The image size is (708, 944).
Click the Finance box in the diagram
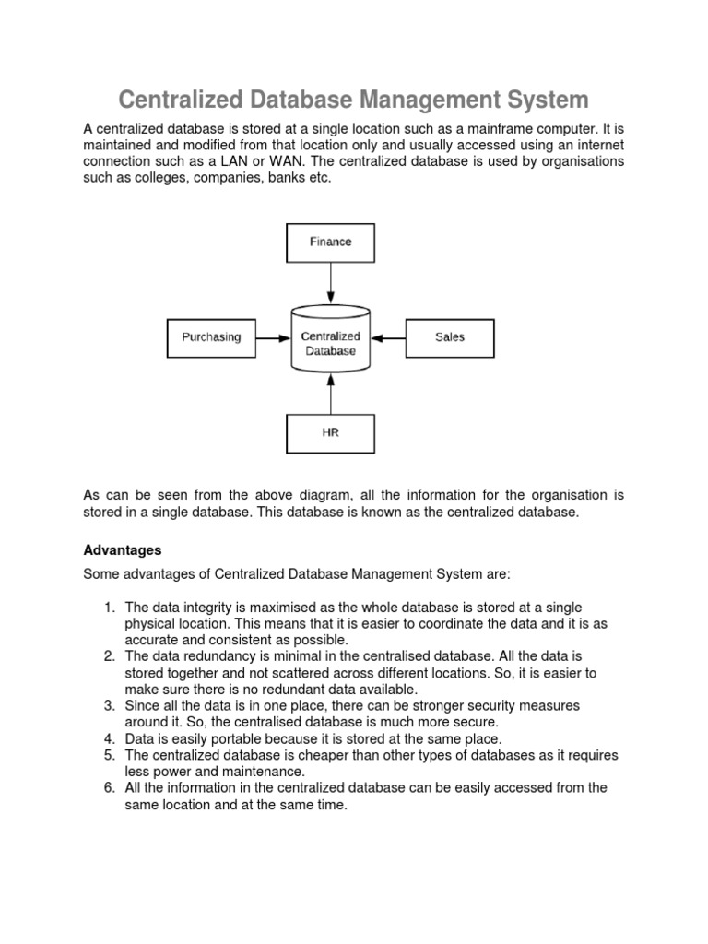pyautogui.click(x=330, y=242)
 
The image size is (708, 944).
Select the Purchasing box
pyautogui.click(x=210, y=337)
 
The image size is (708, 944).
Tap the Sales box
pyautogui.click(x=450, y=337)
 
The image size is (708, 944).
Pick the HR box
pyautogui.click(x=330, y=432)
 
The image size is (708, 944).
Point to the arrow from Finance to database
pyautogui.click(x=330, y=285)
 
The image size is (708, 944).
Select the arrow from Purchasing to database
pyautogui.click(x=272, y=337)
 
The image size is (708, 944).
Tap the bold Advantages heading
pyautogui.click(x=123, y=550)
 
